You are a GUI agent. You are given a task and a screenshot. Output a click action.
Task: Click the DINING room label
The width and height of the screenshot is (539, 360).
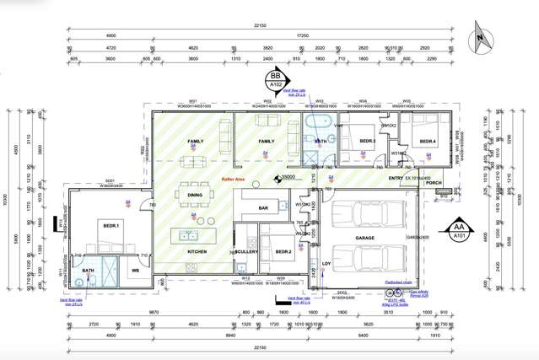tap(195, 195)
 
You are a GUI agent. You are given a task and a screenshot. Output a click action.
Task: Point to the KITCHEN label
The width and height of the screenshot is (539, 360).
tap(197, 251)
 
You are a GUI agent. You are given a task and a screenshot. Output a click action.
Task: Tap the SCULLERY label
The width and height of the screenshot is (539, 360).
tap(247, 251)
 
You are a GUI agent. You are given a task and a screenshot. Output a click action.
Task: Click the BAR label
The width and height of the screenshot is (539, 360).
tap(262, 206)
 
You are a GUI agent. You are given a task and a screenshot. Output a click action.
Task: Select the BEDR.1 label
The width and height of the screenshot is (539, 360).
tap(110, 226)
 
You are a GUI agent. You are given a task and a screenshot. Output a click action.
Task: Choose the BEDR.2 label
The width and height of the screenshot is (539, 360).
tap(283, 251)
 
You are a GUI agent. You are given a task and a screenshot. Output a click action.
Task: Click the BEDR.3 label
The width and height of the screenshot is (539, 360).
tap(367, 142)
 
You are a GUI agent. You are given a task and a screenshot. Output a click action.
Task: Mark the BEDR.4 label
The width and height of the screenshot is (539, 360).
tap(427, 142)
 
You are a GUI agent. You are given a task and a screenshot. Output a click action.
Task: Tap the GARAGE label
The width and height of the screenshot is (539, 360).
tap(366, 239)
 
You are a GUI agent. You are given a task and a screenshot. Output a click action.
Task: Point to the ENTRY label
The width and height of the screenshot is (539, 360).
tap(396, 178)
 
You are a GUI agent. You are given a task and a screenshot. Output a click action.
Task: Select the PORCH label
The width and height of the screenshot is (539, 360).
tap(434, 182)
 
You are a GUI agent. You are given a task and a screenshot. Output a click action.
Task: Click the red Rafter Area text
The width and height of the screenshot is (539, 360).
tap(233, 180)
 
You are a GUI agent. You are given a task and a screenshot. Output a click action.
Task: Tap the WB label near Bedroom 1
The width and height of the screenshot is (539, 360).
tap(135, 271)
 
